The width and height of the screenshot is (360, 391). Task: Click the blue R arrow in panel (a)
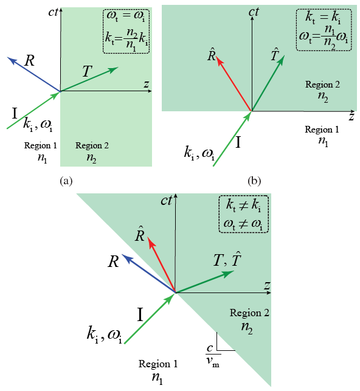[33, 74]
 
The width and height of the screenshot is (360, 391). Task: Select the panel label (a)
[66, 181]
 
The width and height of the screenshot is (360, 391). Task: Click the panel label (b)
[254, 181]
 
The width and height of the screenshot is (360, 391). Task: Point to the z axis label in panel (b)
[351, 115]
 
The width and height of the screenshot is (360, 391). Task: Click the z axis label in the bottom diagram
[266, 285]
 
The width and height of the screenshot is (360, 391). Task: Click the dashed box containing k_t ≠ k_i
[243, 213]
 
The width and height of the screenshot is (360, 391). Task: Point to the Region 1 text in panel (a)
[40, 146]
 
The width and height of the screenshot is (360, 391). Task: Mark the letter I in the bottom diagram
[140, 314]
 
